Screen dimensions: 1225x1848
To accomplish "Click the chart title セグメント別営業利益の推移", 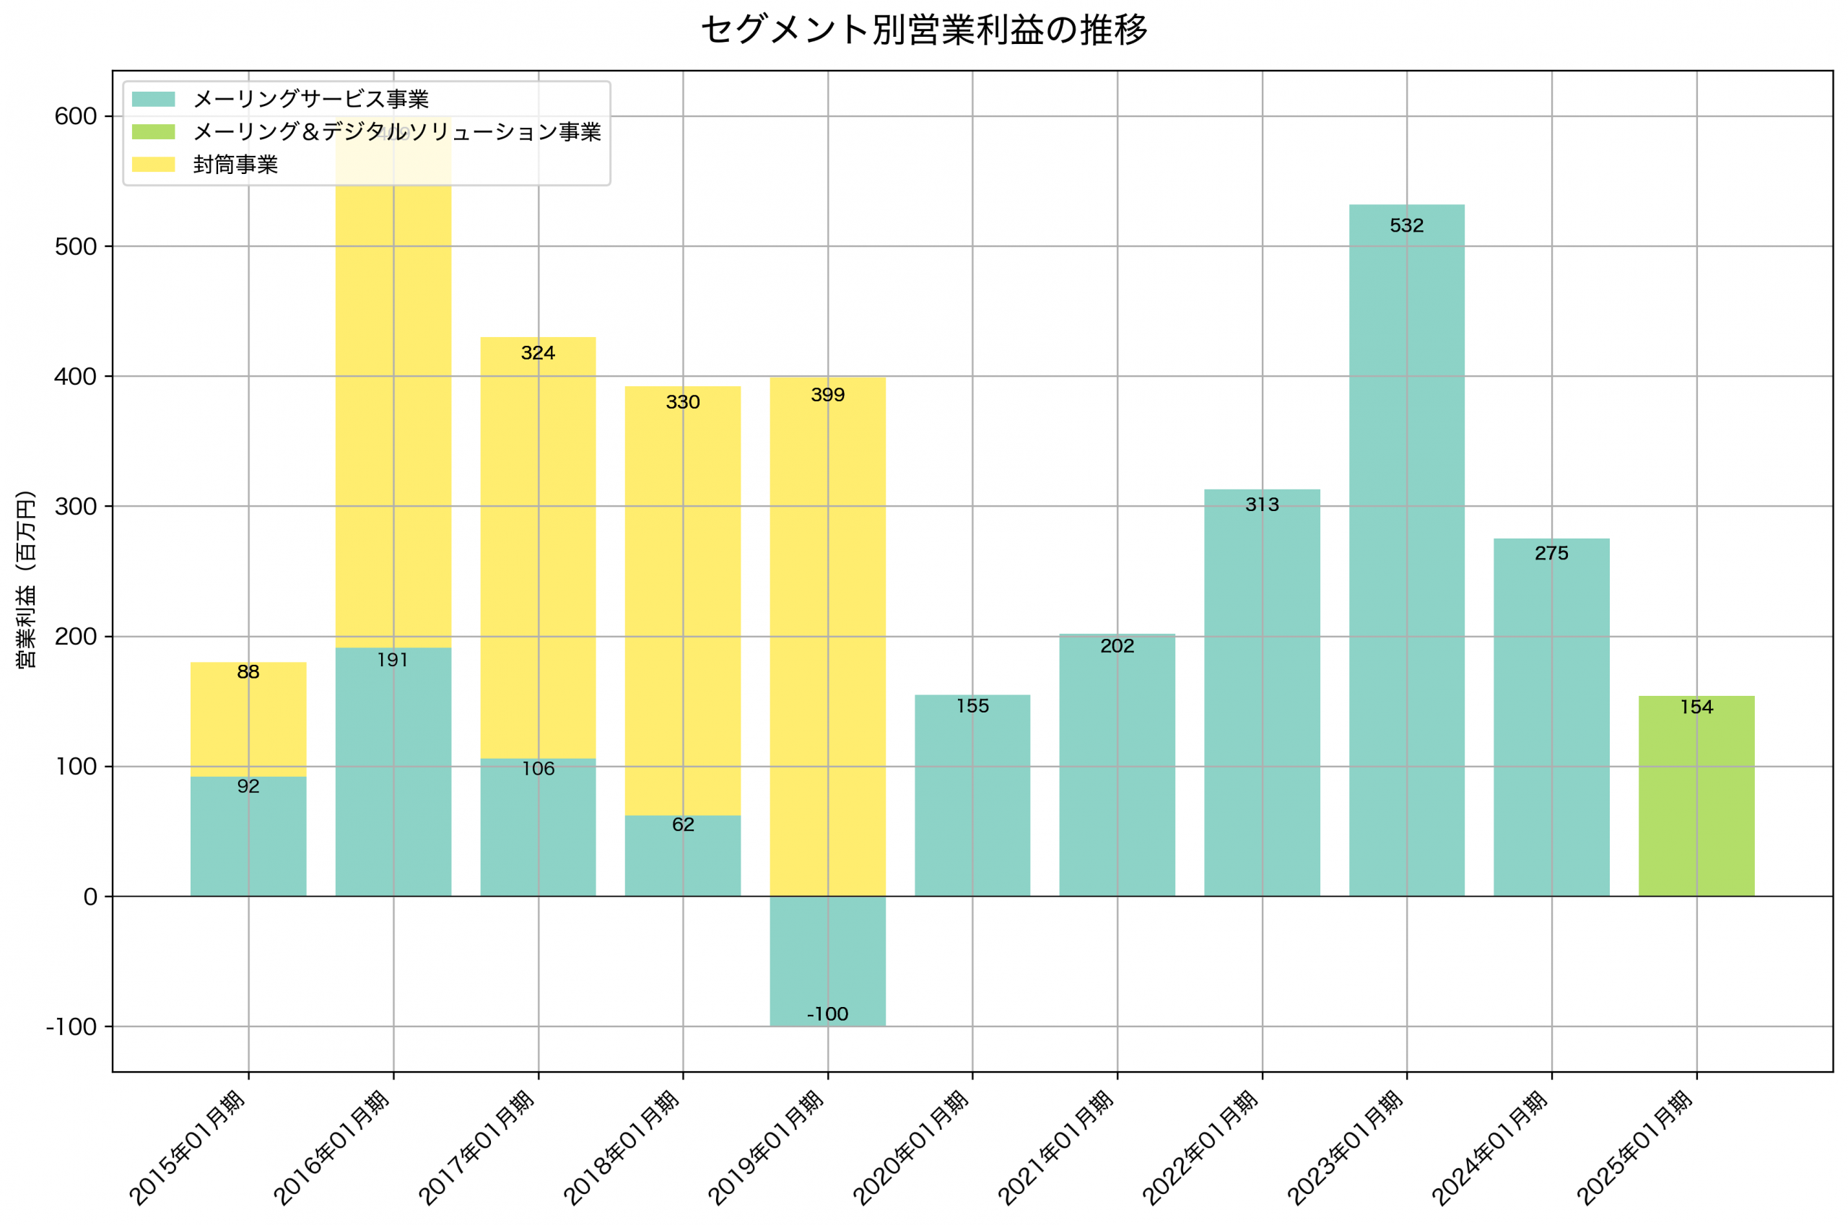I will click(x=924, y=30).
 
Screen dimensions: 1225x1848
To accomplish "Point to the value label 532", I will click(x=1406, y=226).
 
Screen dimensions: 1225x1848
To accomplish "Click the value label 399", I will click(x=827, y=395).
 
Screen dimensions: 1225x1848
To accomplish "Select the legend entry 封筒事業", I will click(x=235, y=165).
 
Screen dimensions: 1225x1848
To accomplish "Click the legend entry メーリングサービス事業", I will click(x=311, y=99).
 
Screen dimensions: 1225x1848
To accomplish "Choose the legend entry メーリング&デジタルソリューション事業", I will click(x=397, y=132).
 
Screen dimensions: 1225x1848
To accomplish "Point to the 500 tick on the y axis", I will click(x=75, y=247).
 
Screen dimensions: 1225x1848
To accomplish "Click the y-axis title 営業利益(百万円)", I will click(x=26, y=579).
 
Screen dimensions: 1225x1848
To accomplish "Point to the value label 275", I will click(x=1551, y=553).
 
